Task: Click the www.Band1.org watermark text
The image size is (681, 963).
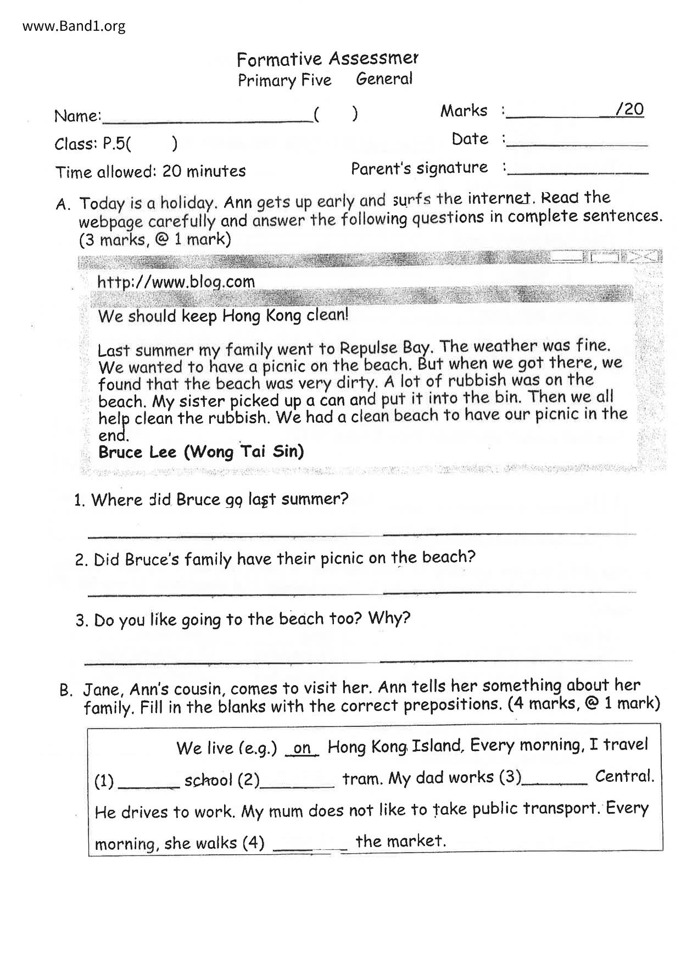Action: (74, 26)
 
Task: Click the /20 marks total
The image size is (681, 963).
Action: (629, 109)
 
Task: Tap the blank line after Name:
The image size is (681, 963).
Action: (207, 119)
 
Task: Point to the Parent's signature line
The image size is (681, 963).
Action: (579, 172)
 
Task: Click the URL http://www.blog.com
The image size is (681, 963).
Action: (176, 282)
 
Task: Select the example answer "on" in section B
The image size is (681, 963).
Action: (302, 749)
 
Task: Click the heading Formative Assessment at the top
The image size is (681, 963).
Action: (327, 59)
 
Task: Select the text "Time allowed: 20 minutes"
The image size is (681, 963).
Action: (150, 172)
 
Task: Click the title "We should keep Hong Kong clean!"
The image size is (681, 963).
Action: (223, 316)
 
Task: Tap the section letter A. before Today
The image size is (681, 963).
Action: (63, 205)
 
